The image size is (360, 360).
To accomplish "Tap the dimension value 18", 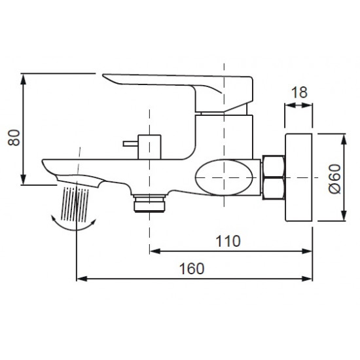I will pos(299,92).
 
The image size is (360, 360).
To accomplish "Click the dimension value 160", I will pos(190,268).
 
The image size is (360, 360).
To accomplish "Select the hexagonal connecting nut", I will pos(273,177).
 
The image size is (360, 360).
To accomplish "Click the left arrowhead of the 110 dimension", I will pos(154,249).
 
